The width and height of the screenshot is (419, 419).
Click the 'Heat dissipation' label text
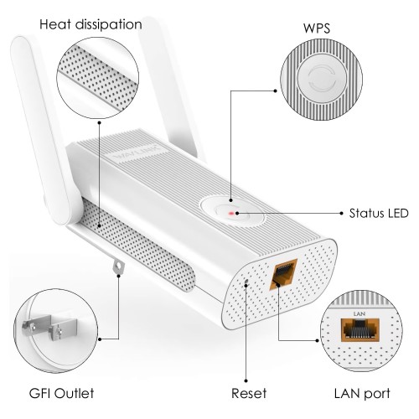[x=91, y=24]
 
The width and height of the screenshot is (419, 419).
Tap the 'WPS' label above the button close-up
[x=317, y=28]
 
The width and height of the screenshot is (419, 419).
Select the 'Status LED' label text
[x=379, y=214]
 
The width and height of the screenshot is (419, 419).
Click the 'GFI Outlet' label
[x=61, y=393]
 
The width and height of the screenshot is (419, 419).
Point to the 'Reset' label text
[x=249, y=393]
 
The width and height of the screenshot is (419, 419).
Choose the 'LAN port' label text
[x=362, y=394]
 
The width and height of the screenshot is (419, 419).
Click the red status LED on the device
[x=231, y=214]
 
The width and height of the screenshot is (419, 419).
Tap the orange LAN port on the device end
[x=283, y=274]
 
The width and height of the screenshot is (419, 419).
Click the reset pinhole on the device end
[x=246, y=280]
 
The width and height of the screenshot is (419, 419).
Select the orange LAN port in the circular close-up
[x=360, y=330]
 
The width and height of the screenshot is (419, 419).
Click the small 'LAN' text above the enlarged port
[x=360, y=314]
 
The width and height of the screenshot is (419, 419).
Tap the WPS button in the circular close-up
[x=322, y=79]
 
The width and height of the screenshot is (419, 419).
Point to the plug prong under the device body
[x=118, y=266]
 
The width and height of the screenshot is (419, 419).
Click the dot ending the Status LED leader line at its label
[x=341, y=214]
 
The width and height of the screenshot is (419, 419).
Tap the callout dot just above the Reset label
[x=246, y=380]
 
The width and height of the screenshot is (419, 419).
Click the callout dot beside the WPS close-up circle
[x=276, y=91]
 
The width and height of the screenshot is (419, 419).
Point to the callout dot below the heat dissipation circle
[x=99, y=122]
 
